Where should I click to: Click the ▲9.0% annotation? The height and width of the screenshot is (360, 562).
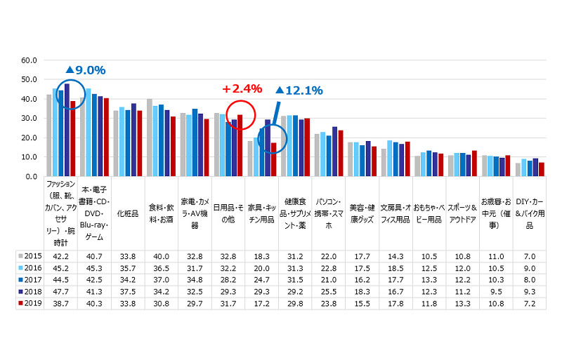click(85, 70)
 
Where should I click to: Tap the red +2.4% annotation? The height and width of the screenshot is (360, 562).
click(242, 89)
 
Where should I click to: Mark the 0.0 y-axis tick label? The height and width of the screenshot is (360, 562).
click(30, 177)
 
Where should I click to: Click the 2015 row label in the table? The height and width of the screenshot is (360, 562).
click(30, 256)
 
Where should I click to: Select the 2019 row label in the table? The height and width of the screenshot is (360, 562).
click(30, 303)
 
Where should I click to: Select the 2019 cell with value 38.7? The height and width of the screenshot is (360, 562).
click(61, 303)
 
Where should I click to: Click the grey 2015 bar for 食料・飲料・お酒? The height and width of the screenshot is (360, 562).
click(150, 138)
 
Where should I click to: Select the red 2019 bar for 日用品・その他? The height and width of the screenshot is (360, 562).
click(240, 146)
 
